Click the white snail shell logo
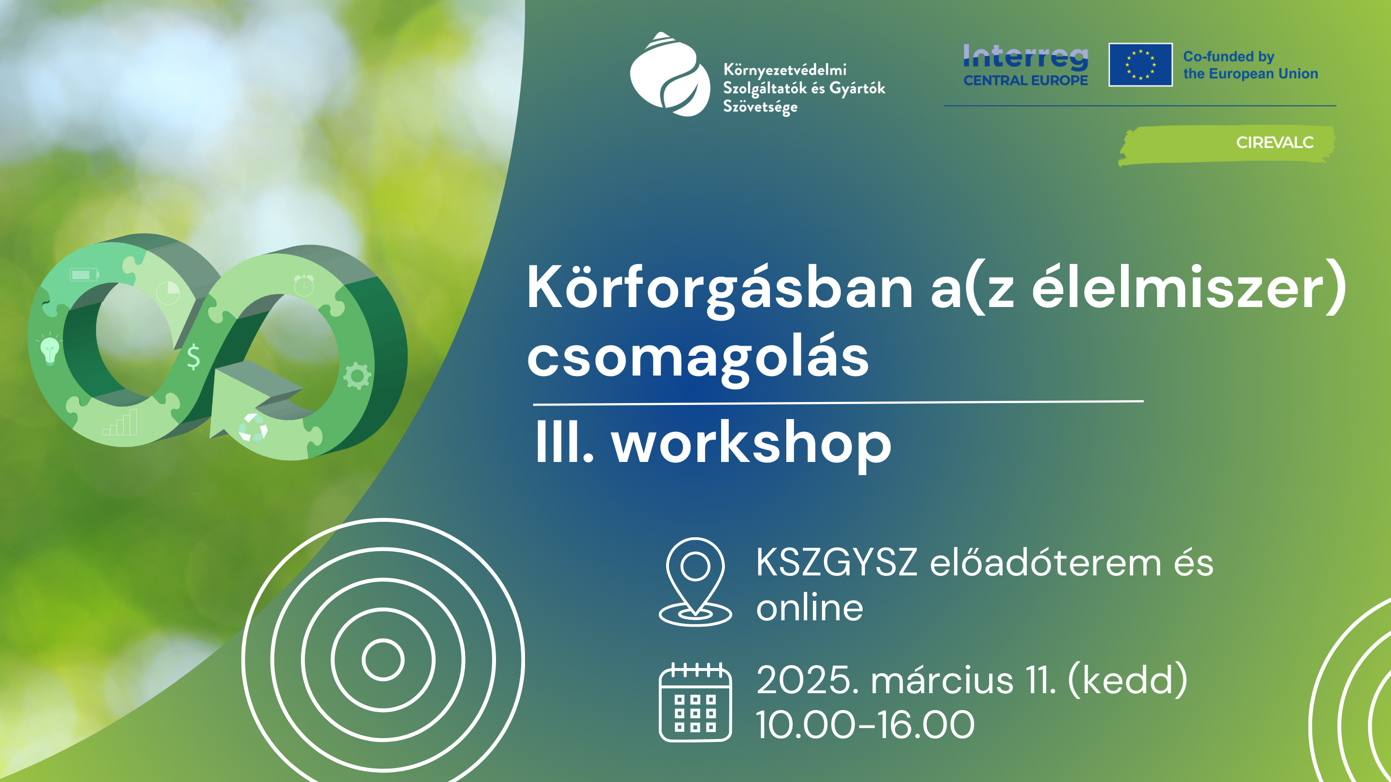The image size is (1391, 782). click(670, 74)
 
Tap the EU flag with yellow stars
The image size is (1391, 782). click(1140, 65)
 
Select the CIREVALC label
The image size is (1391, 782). click(1275, 142)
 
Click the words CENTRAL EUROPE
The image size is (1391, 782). click(1025, 81)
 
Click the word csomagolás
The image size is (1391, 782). click(697, 359)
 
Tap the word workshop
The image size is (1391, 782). click(751, 444)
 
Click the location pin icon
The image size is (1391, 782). click(695, 581)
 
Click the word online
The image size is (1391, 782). click(809, 608)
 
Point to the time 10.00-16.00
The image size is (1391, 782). click(865, 724)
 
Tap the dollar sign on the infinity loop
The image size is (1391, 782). click(193, 357)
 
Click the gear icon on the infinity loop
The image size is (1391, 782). click(357, 375)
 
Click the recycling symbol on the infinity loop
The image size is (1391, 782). click(253, 427)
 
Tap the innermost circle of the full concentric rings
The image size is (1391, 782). click(383, 659)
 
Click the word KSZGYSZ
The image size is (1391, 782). click(836, 562)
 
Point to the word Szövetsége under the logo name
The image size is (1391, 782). click(760, 107)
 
